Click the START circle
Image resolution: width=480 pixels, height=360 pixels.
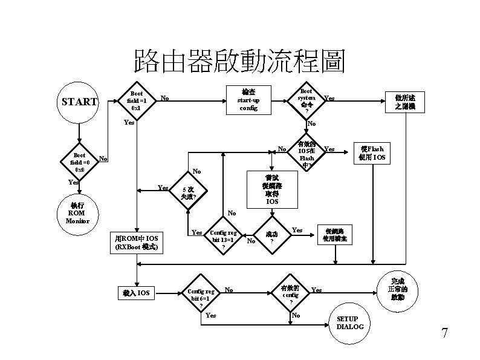79,102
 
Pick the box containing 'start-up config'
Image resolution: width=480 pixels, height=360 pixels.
248,99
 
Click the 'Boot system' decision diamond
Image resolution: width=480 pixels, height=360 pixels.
306,100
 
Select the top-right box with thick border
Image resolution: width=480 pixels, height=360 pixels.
405,102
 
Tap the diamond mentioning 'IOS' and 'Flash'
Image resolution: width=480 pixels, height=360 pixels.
306,153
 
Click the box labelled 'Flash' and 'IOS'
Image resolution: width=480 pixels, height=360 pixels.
371,154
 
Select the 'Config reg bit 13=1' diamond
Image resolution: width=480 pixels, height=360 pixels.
224,239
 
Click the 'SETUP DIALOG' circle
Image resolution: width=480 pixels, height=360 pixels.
347,323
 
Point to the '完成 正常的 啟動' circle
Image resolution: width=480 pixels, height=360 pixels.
398,290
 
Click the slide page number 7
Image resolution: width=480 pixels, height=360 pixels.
444,333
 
